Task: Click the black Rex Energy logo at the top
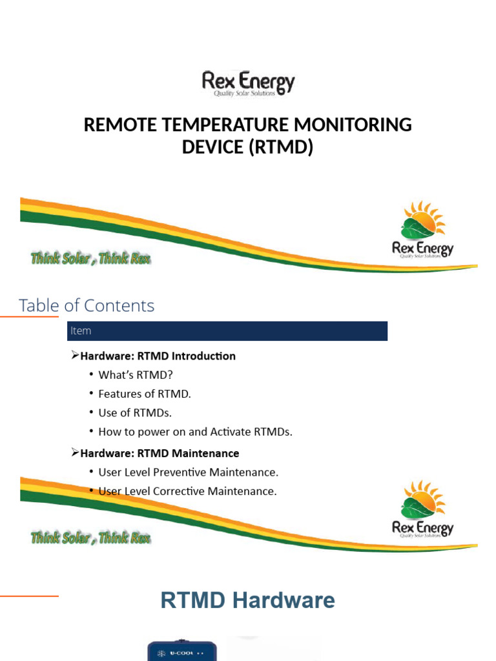click(x=248, y=83)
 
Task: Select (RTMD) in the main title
click(x=284, y=148)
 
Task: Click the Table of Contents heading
click(x=87, y=305)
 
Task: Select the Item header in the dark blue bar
click(x=81, y=330)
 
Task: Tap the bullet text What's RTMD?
click(x=136, y=375)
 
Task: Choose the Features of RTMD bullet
click(x=145, y=394)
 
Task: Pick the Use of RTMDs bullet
click(x=135, y=412)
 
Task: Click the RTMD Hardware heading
click(x=247, y=601)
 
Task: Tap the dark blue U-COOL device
click(x=182, y=651)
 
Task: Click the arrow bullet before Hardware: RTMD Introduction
click(x=74, y=355)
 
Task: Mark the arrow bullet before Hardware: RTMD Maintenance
click(x=74, y=453)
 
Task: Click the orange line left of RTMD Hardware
click(x=29, y=596)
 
